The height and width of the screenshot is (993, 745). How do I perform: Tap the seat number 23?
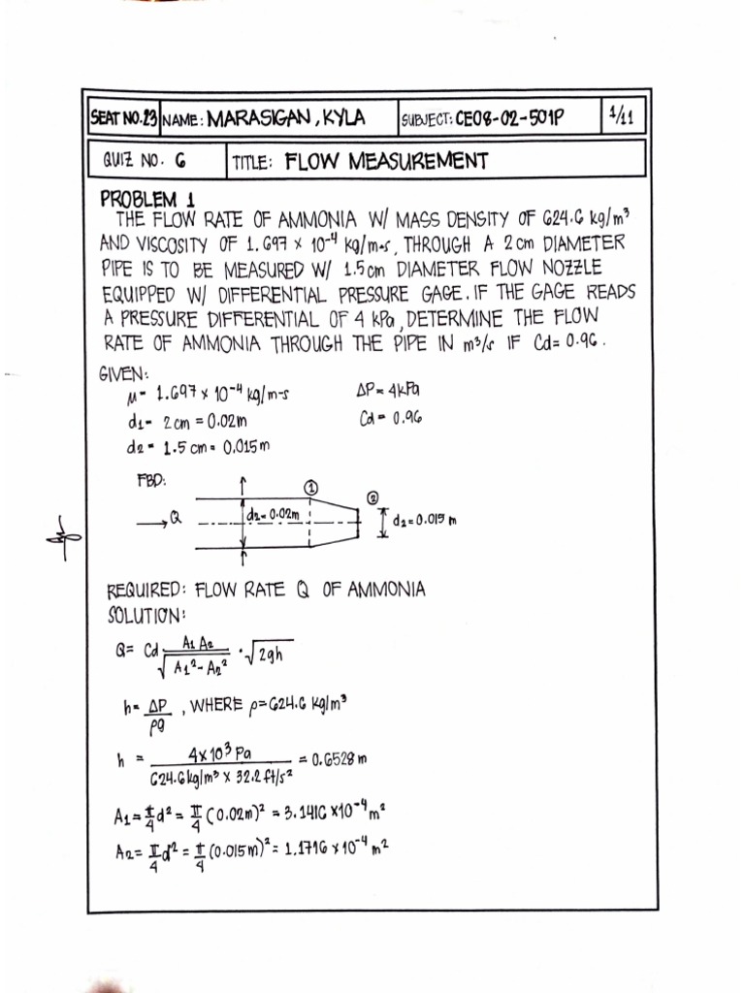tap(147, 118)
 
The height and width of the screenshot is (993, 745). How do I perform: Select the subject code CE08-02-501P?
tap(510, 119)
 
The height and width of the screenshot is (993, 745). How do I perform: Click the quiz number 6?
tap(180, 161)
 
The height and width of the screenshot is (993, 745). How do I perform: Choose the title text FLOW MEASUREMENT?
tap(387, 160)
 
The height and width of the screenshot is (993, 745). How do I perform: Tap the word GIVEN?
tap(124, 375)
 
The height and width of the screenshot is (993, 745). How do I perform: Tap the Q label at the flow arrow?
tap(176, 519)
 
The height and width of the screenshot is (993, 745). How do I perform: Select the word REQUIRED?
tap(145, 590)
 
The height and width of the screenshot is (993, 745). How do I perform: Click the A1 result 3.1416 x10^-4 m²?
tap(324, 817)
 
